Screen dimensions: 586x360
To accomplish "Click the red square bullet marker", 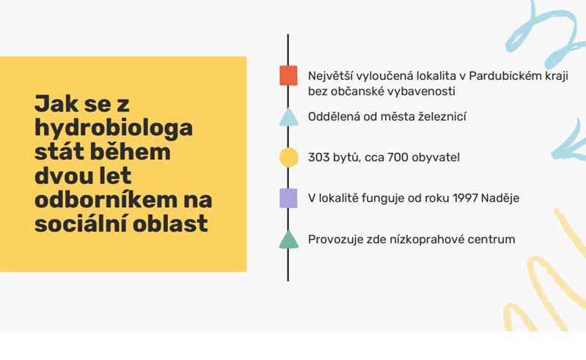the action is click(x=288, y=76).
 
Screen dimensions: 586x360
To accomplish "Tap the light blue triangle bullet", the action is click(x=288, y=117).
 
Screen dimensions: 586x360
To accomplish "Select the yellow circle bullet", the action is click(x=289, y=157).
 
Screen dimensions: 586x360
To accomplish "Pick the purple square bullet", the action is click(x=288, y=198).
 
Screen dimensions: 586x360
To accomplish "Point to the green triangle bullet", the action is click(x=288, y=239).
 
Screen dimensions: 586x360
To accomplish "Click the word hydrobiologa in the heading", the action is click(x=114, y=128).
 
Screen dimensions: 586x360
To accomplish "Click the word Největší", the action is click(x=330, y=76).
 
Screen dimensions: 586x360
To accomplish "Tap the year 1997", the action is click(x=465, y=198).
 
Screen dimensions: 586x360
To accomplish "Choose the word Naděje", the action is click(x=500, y=198).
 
